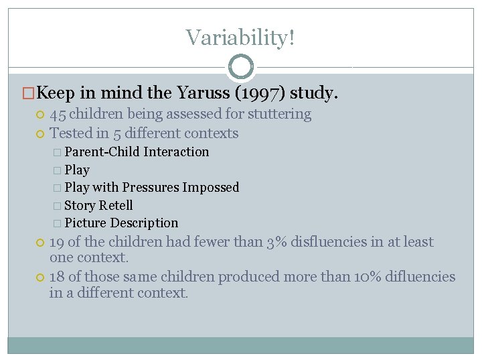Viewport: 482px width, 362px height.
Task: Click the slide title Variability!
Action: [240, 38]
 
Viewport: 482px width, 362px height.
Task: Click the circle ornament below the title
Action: [241, 67]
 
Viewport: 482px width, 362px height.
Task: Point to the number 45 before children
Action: [58, 114]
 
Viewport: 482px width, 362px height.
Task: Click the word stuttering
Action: [276, 114]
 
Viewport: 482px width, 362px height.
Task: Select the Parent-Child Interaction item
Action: [137, 152]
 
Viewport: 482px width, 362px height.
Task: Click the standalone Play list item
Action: [77, 170]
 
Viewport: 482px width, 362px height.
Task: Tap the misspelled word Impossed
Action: [208, 188]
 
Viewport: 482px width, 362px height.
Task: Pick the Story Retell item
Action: [98, 205]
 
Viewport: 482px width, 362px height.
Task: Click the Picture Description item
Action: [121, 223]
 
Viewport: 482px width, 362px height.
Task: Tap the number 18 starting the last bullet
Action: [58, 277]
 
